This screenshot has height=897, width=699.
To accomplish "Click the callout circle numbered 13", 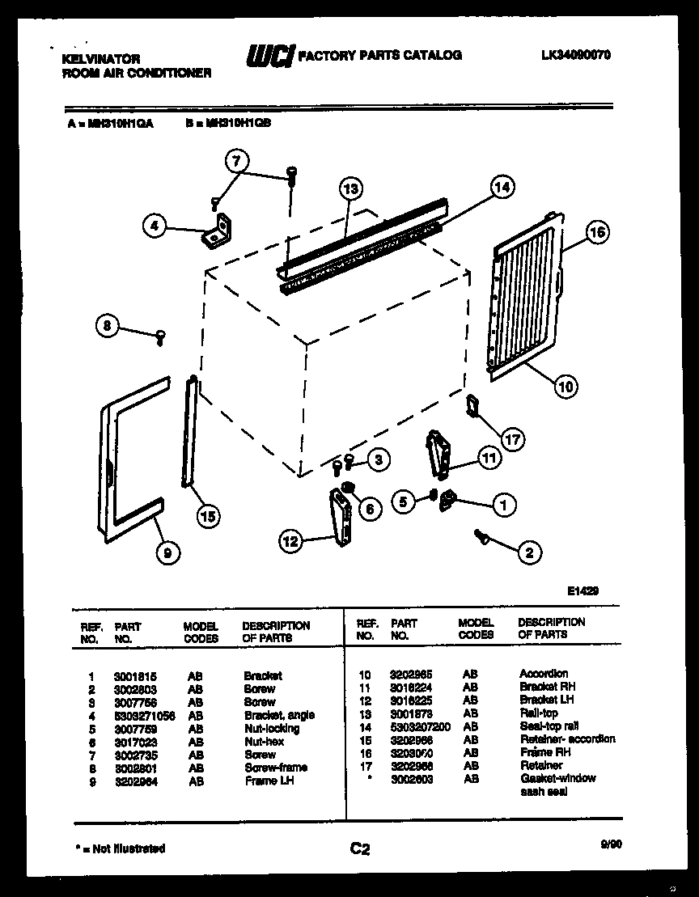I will pyautogui.click(x=349, y=190).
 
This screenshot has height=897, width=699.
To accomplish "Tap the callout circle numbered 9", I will pyautogui.click(x=167, y=554).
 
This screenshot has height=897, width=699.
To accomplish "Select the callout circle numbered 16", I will pyautogui.click(x=596, y=233).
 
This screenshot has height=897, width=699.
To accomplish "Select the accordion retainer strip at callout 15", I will pyautogui.click(x=190, y=432).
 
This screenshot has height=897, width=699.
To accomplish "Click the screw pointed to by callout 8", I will pyautogui.click(x=160, y=336).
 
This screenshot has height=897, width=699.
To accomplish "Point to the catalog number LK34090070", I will pyautogui.click(x=575, y=55).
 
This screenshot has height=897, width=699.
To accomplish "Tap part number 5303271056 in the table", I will pyautogui.click(x=145, y=715).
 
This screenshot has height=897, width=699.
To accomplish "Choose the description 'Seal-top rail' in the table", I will pyautogui.click(x=549, y=726).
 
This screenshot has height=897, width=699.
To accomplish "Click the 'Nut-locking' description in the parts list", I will pyautogui.click(x=271, y=728).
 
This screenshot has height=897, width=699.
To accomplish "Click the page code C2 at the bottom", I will pyautogui.click(x=360, y=848).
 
